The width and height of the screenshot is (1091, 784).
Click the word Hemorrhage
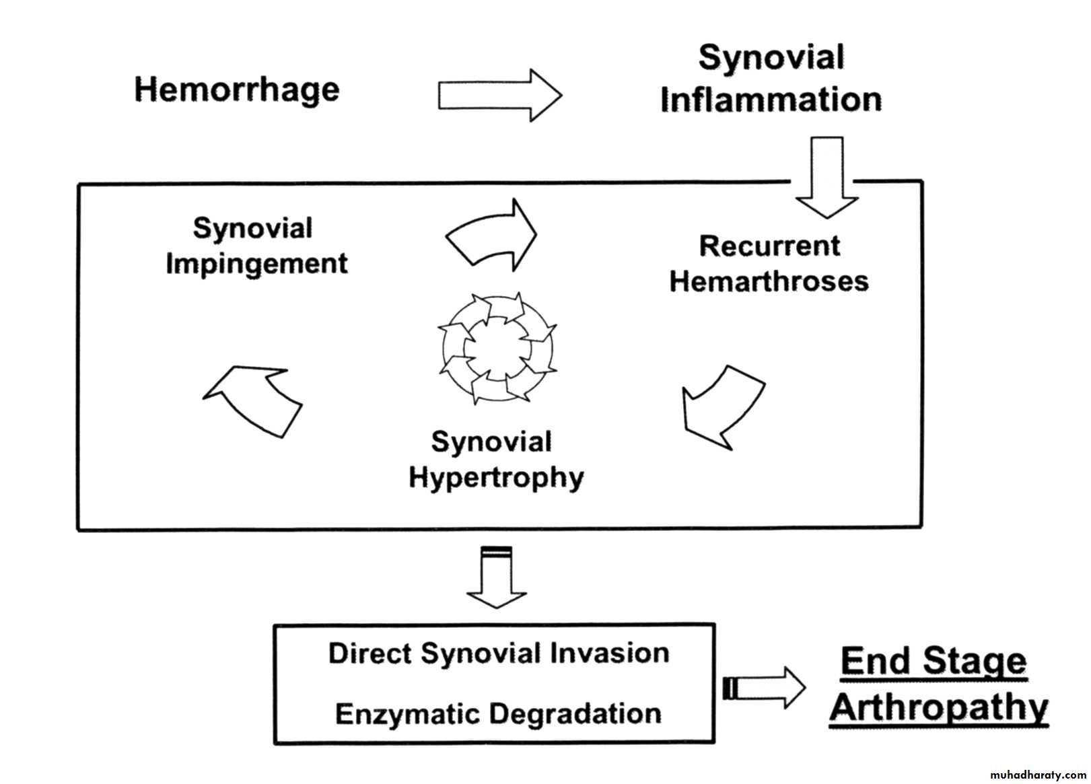tap(237, 90)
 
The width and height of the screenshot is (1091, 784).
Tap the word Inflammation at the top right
tap(771, 100)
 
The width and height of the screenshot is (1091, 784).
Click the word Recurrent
tap(769, 246)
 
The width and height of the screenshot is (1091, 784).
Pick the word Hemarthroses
tap(769, 281)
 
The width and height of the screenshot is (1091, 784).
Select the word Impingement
tap(256, 263)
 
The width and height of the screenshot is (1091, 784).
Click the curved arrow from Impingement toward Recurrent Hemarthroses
tap(492, 236)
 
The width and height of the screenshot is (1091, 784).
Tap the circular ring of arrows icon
tap(497, 348)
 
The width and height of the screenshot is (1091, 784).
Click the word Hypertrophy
tap(496, 478)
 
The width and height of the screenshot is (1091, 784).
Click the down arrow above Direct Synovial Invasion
tap(497, 577)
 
